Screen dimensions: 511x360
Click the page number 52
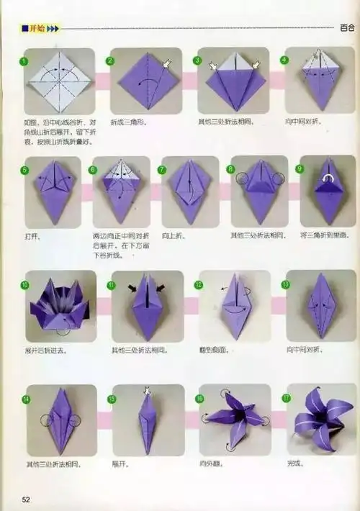click(27, 499)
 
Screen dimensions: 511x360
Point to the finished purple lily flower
click(320, 419)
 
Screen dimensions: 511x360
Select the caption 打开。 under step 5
click(32, 235)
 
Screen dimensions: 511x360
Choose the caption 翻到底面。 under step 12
click(213, 350)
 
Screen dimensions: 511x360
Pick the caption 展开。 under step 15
click(119, 464)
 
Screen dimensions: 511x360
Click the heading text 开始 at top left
click(36, 29)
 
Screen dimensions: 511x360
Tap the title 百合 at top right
click(346, 29)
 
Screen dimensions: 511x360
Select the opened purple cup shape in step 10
click(59, 306)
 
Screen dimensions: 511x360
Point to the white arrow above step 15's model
click(147, 392)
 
